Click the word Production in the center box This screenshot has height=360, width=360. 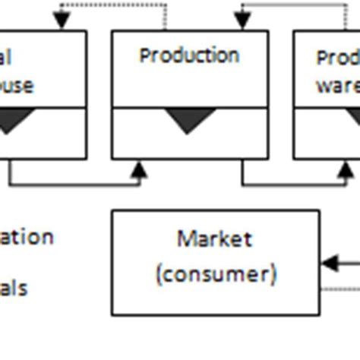click(189, 56)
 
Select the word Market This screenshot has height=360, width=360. click(215, 239)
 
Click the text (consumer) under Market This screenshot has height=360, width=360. click(216, 273)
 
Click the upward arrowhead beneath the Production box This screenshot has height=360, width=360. click(137, 171)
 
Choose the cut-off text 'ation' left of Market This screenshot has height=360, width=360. click(27, 237)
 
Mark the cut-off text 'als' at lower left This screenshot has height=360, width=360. click(14, 289)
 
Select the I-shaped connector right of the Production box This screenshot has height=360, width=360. click(280, 95)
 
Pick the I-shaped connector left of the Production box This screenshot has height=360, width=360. click(99, 95)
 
